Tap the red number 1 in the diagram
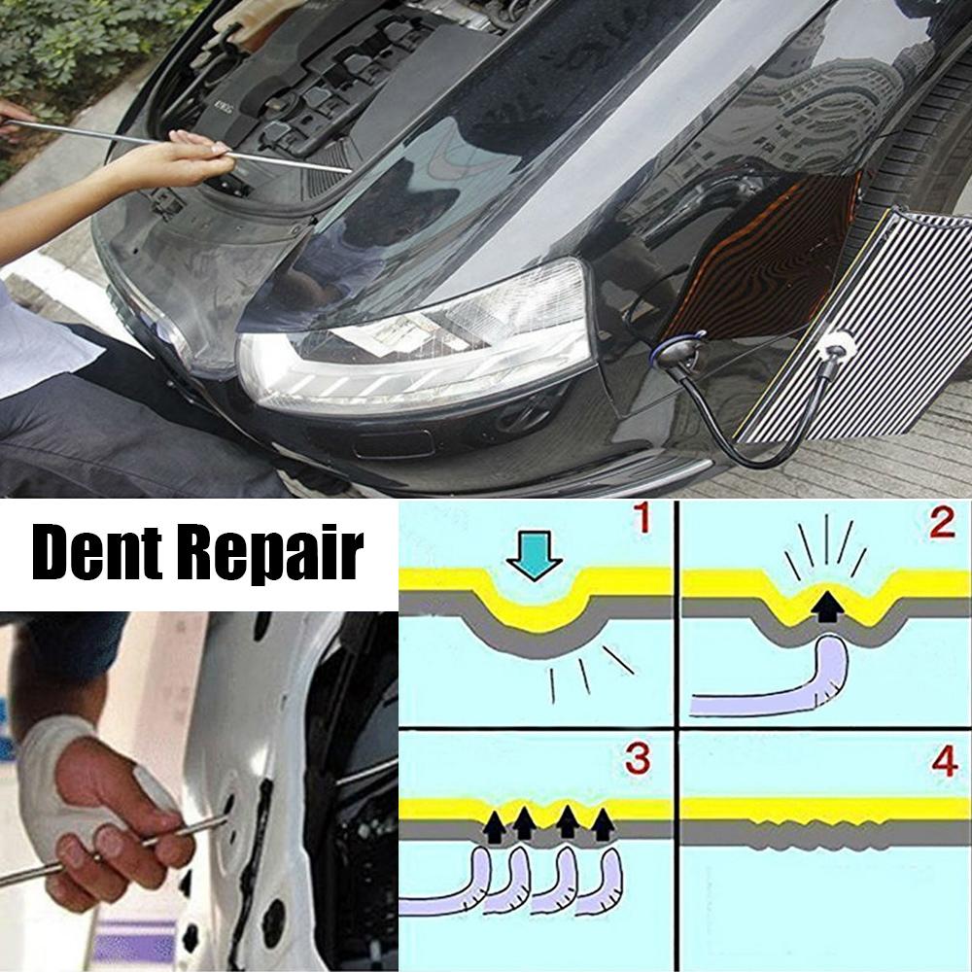tap(642, 521)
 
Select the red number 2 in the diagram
tap(940, 523)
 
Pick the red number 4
tap(943, 761)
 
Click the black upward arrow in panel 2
tap(828, 605)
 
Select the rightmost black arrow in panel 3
tap(604, 824)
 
